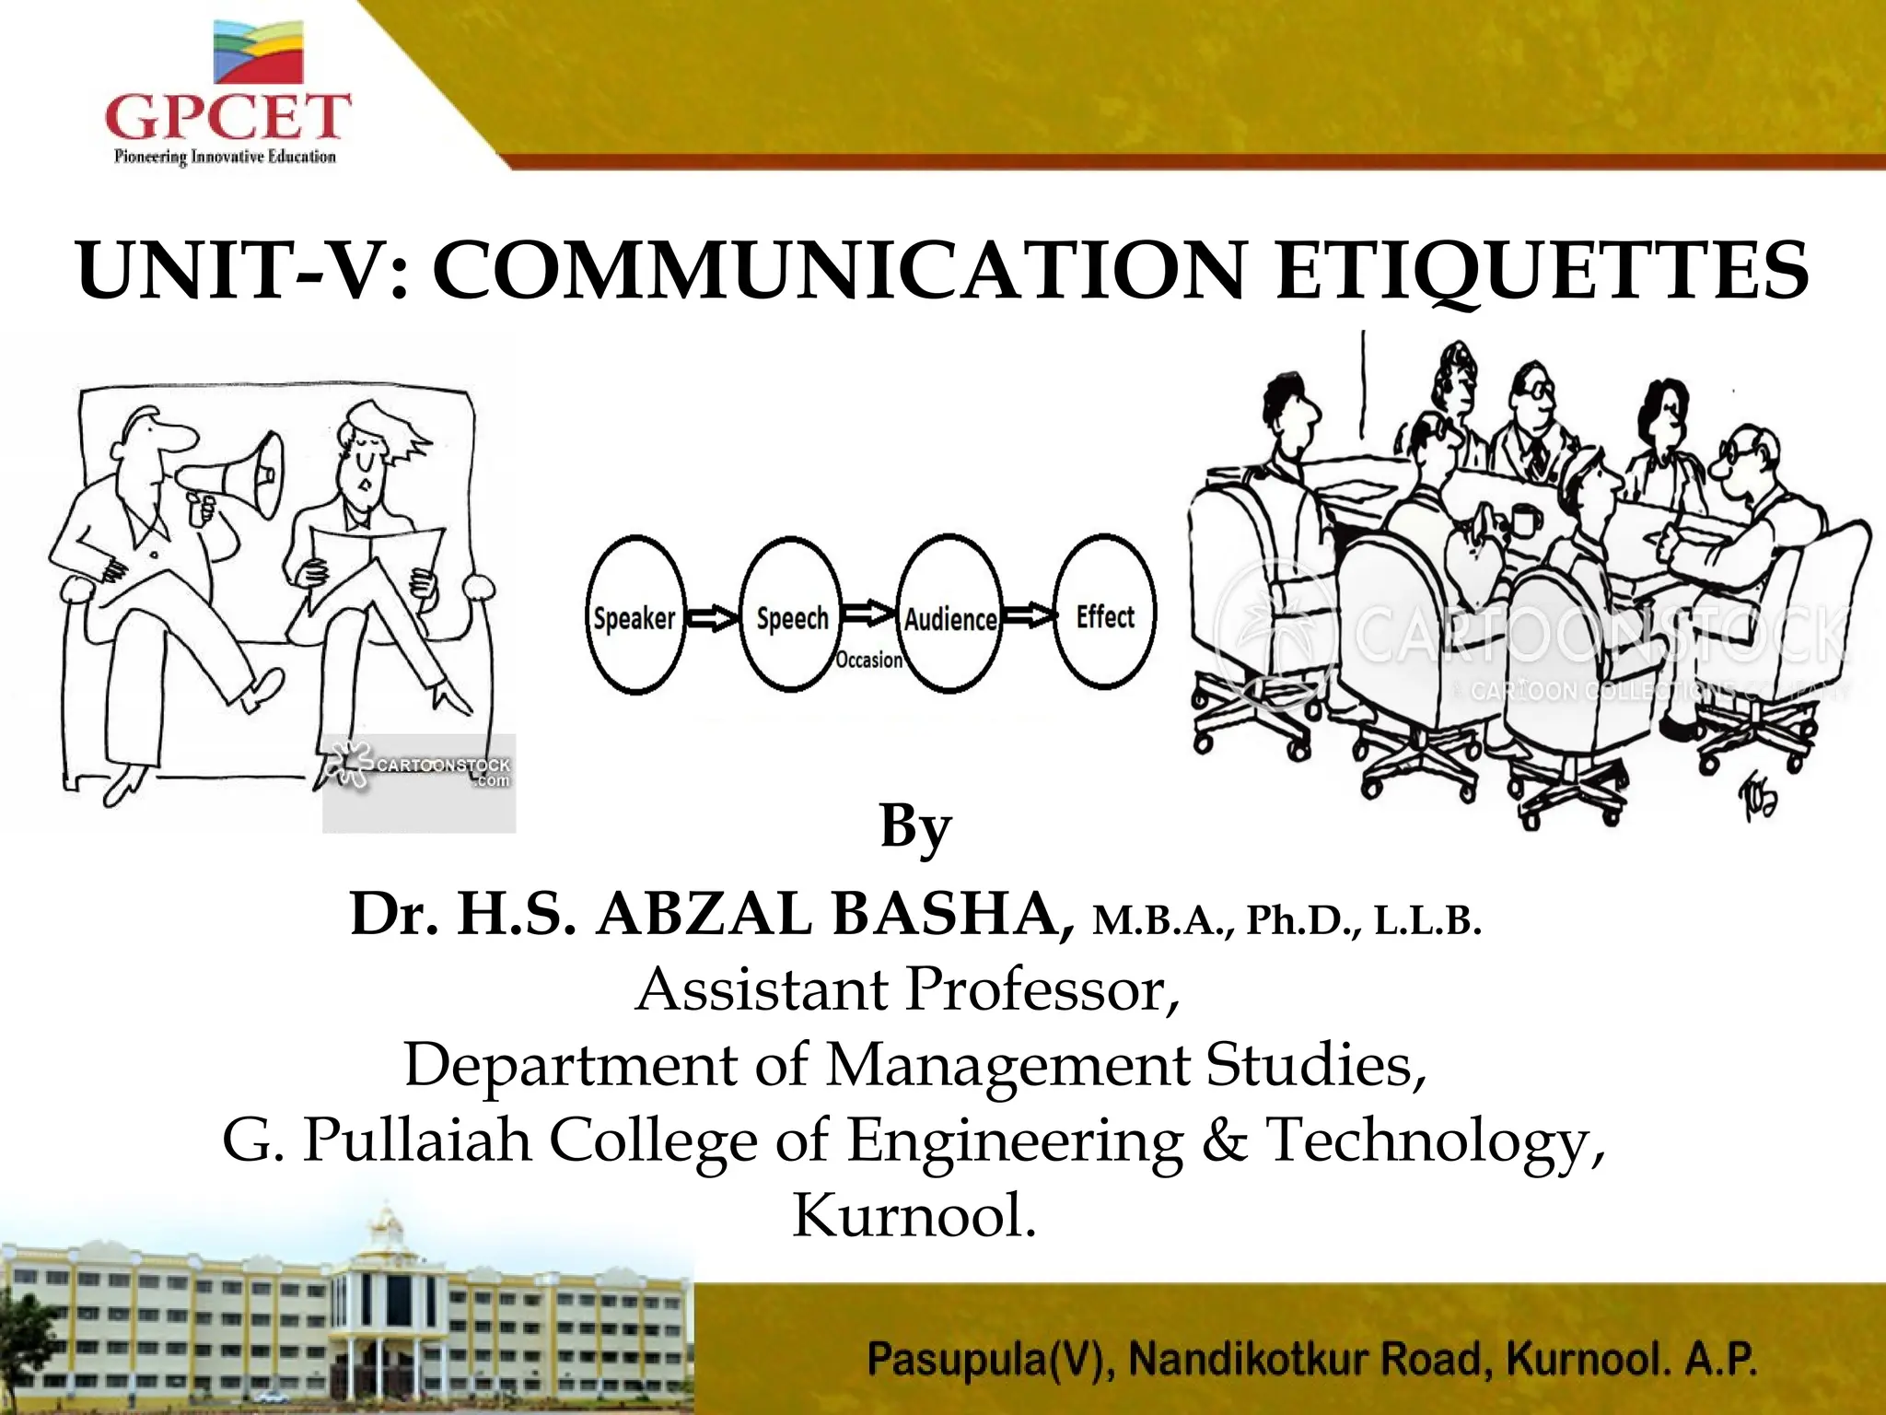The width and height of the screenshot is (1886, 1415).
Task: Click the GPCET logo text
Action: (x=227, y=118)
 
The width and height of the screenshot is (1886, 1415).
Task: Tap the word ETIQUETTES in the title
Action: (x=1542, y=271)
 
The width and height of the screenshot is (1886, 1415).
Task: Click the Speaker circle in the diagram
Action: (x=635, y=616)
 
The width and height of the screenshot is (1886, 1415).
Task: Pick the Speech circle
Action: (x=791, y=616)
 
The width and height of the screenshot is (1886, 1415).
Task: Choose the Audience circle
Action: (x=949, y=616)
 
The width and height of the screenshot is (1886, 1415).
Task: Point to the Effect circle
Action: (x=1104, y=614)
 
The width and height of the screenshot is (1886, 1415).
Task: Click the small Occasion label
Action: (x=868, y=660)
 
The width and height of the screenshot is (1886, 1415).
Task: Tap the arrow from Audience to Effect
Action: (x=1028, y=614)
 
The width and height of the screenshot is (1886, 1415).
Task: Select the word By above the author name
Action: (x=914, y=826)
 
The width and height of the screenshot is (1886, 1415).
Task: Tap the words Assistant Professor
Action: (x=907, y=989)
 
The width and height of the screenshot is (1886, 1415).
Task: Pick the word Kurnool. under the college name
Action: (x=914, y=1215)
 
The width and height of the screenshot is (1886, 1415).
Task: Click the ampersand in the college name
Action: (x=1222, y=1140)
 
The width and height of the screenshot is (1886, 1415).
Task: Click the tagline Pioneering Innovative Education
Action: (x=225, y=158)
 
